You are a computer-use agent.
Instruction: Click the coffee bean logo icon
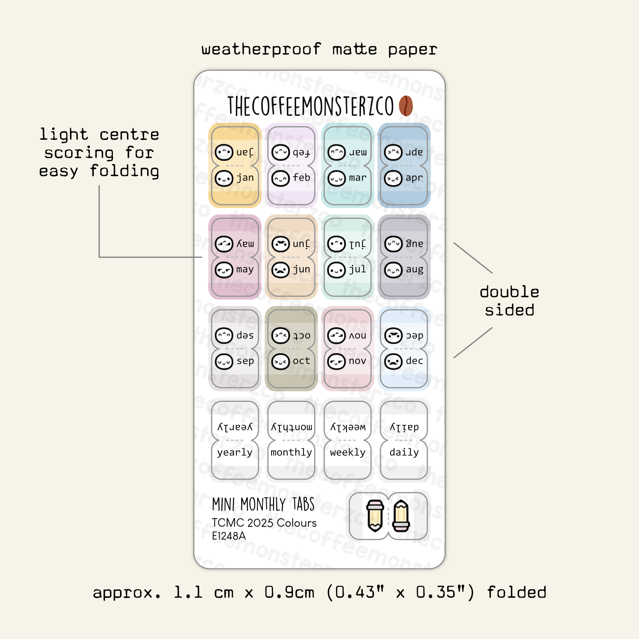[406, 106]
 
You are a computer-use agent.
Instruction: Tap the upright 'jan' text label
[245, 178]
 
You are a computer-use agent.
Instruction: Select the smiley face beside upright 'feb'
[280, 179]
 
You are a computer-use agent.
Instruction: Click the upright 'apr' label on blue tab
[414, 178]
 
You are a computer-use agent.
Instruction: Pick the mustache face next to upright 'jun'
[280, 270]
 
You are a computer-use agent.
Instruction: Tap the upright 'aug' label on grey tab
[414, 269]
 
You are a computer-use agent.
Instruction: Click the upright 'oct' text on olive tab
[301, 361]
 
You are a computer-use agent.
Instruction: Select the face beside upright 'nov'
[336, 362]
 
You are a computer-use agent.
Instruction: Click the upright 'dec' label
[414, 361]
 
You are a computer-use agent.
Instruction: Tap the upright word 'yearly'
[235, 453]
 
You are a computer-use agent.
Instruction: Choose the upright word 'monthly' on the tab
[291, 453]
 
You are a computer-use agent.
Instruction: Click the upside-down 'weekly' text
[348, 427]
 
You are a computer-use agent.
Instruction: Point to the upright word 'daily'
[404, 453]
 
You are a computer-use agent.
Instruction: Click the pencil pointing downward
[375, 516]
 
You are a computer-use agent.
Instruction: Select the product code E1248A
[229, 536]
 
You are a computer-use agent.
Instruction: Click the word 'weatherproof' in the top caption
[261, 49]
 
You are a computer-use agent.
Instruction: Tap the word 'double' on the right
[509, 292]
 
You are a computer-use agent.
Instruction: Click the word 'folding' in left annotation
[124, 171]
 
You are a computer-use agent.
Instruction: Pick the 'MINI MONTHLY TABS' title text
[263, 504]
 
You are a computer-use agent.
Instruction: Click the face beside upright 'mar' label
[336, 179]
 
